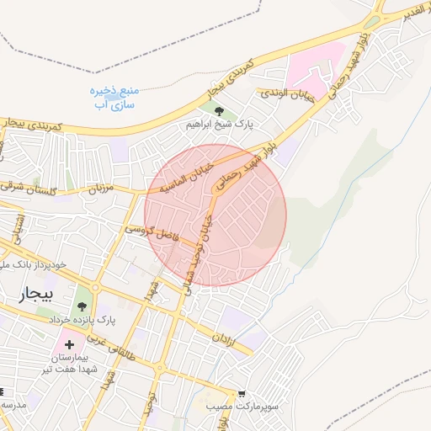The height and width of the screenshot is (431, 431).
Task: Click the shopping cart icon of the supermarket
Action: tap(242, 393)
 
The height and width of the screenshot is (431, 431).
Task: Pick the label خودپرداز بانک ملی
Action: tap(34, 265)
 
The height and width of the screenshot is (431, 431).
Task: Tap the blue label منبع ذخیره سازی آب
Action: tap(113, 98)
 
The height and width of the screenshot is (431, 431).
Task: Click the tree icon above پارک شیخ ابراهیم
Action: tap(219, 109)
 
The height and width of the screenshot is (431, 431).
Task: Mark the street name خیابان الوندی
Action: tap(285, 94)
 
